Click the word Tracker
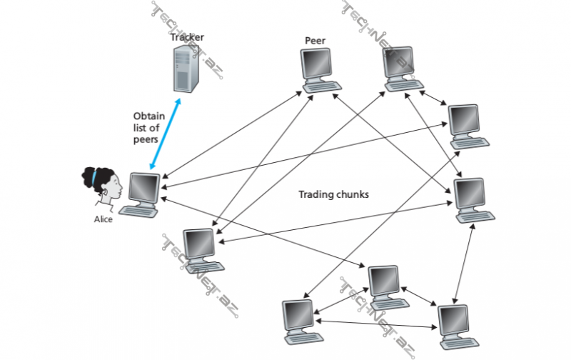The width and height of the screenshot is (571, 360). click(x=188, y=36)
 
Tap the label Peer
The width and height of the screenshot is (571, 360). click(x=315, y=41)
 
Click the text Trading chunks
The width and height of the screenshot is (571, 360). click(x=333, y=194)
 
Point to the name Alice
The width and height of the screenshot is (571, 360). click(x=103, y=219)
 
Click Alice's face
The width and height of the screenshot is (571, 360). click(x=113, y=188)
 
